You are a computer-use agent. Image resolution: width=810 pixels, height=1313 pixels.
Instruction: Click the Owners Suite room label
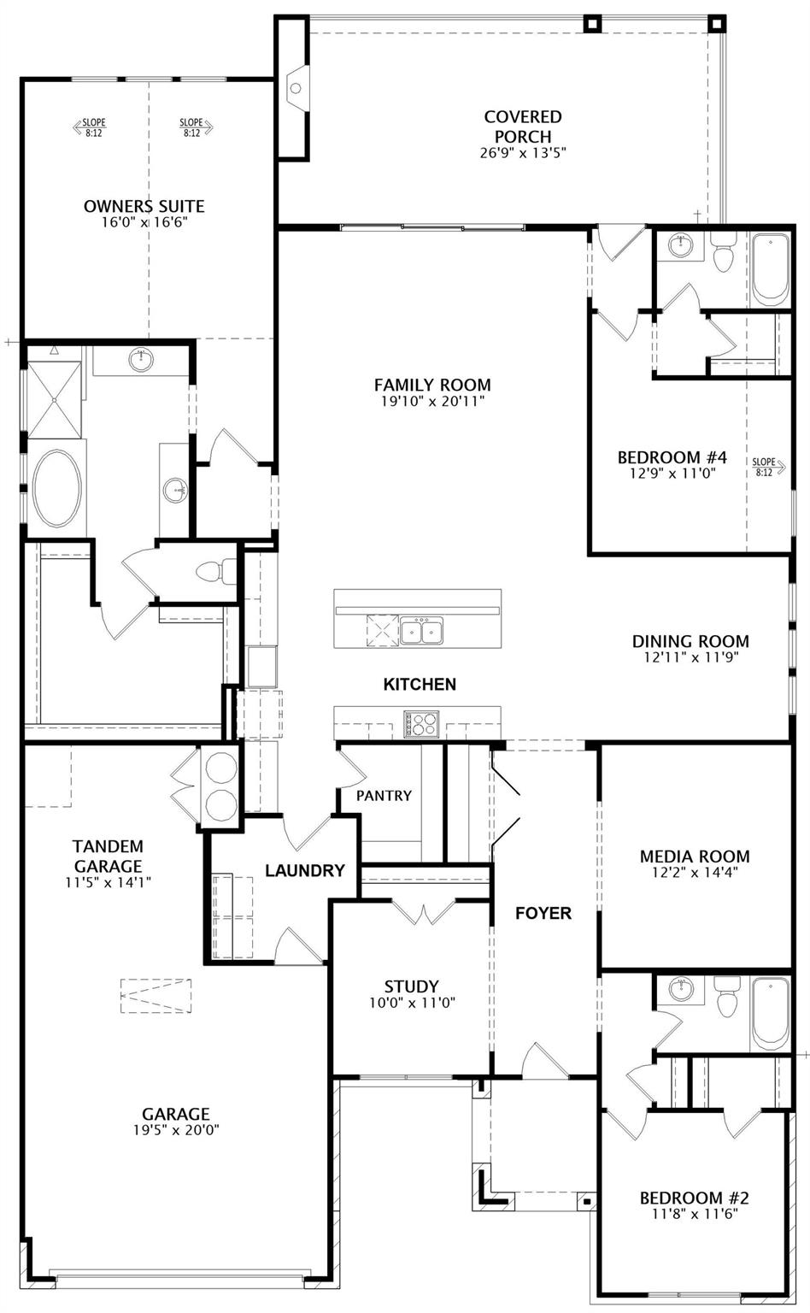pyautogui.click(x=144, y=206)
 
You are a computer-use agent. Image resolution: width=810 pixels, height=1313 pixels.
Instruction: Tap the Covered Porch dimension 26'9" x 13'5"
pyautogui.click(x=523, y=153)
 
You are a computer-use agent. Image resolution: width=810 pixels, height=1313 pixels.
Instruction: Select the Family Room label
pyautogui.click(x=431, y=385)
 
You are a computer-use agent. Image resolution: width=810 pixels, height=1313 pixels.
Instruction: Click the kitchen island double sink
pyautogui.click(x=421, y=632)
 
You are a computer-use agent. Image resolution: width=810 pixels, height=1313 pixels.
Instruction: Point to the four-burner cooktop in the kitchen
pyautogui.click(x=421, y=724)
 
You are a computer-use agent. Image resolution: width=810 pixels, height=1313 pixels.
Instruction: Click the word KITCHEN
pyautogui.click(x=420, y=684)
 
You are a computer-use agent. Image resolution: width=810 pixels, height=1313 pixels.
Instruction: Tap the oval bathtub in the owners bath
pyautogui.click(x=57, y=489)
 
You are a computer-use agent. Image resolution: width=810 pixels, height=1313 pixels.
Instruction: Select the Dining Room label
pyautogui.click(x=690, y=641)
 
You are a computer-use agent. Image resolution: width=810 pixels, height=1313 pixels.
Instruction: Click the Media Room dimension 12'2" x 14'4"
pyautogui.click(x=695, y=873)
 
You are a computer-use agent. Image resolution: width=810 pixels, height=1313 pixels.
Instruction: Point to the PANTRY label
pyautogui.click(x=384, y=796)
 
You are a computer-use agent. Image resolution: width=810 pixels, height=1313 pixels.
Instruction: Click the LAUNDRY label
pyautogui.click(x=304, y=871)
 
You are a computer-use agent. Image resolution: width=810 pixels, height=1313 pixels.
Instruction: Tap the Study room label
pyautogui.click(x=411, y=986)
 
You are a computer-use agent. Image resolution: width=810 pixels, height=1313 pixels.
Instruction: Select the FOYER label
pyautogui.click(x=543, y=913)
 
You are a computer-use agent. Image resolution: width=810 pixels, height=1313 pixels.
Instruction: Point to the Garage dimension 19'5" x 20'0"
pyautogui.click(x=175, y=1129)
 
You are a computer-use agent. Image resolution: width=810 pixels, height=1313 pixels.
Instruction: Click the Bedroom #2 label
pyautogui.click(x=694, y=1198)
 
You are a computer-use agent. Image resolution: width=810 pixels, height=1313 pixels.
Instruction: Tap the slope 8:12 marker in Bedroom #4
pyautogui.click(x=764, y=467)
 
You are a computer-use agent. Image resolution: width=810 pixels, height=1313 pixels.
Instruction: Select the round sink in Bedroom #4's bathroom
pyautogui.click(x=681, y=244)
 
